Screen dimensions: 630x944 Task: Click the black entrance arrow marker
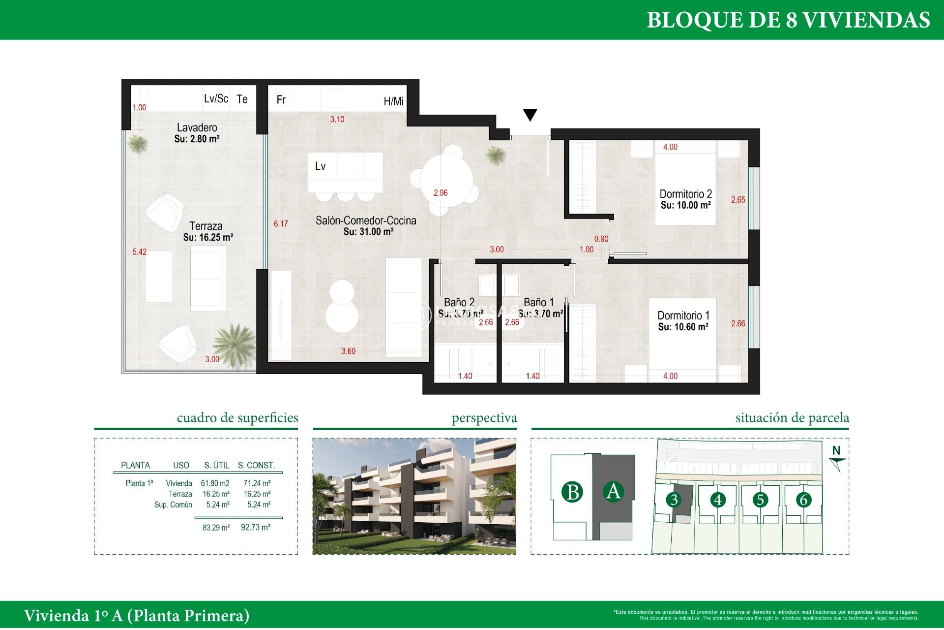point(530,115)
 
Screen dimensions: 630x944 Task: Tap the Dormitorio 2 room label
point(685,194)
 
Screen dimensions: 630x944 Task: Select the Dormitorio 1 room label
point(683,315)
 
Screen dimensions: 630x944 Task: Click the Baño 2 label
point(459,302)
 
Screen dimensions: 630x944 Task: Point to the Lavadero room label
point(197,127)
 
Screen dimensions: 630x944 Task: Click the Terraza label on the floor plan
point(206,226)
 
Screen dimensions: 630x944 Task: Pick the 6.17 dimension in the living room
point(281,224)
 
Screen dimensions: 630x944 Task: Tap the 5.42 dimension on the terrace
point(139,252)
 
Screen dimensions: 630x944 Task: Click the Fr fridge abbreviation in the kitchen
point(281,100)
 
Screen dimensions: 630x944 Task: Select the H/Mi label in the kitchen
point(393,101)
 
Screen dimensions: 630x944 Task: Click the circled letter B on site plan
point(572,492)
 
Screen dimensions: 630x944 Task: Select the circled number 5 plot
point(760,500)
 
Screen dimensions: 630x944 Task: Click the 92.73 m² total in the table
point(255,527)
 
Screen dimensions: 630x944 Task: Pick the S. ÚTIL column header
point(216,465)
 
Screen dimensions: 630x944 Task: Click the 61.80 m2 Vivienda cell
point(215,483)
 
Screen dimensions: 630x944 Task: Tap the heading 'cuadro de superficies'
point(237,418)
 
